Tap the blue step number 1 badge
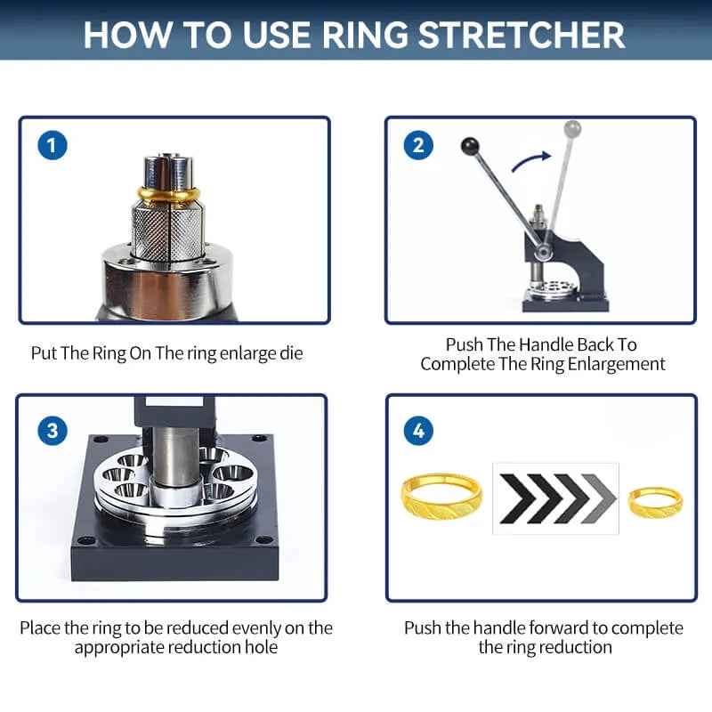tap(53, 145)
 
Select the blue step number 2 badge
tap(418, 145)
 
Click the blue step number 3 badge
tap(53, 431)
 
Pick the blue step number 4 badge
tap(418, 431)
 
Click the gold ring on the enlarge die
tap(167, 194)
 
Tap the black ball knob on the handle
tap(468, 144)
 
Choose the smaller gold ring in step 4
tap(655, 501)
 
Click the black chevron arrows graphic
tap(555, 498)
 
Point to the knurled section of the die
tap(167, 226)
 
